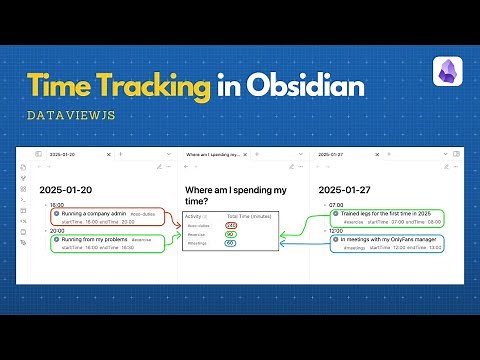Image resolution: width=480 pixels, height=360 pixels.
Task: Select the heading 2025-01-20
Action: [x=65, y=189]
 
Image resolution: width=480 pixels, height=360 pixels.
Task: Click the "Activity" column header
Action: [x=196, y=216]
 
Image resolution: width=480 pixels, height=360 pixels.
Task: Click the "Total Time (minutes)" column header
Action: [x=250, y=216]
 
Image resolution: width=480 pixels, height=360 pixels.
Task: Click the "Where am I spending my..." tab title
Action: [x=213, y=155]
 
